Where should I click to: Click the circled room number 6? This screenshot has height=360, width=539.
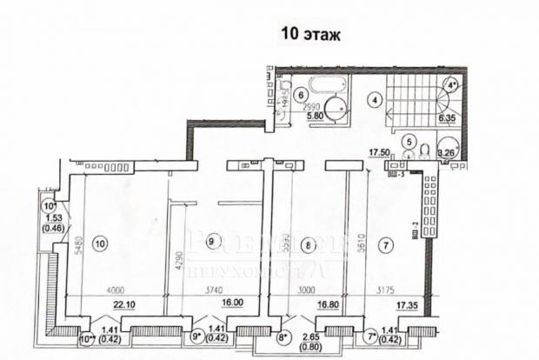pyautogui.click(x=300, y=95)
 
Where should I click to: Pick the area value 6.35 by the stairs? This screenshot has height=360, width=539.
pyautogui.click(x=448, y=117)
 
